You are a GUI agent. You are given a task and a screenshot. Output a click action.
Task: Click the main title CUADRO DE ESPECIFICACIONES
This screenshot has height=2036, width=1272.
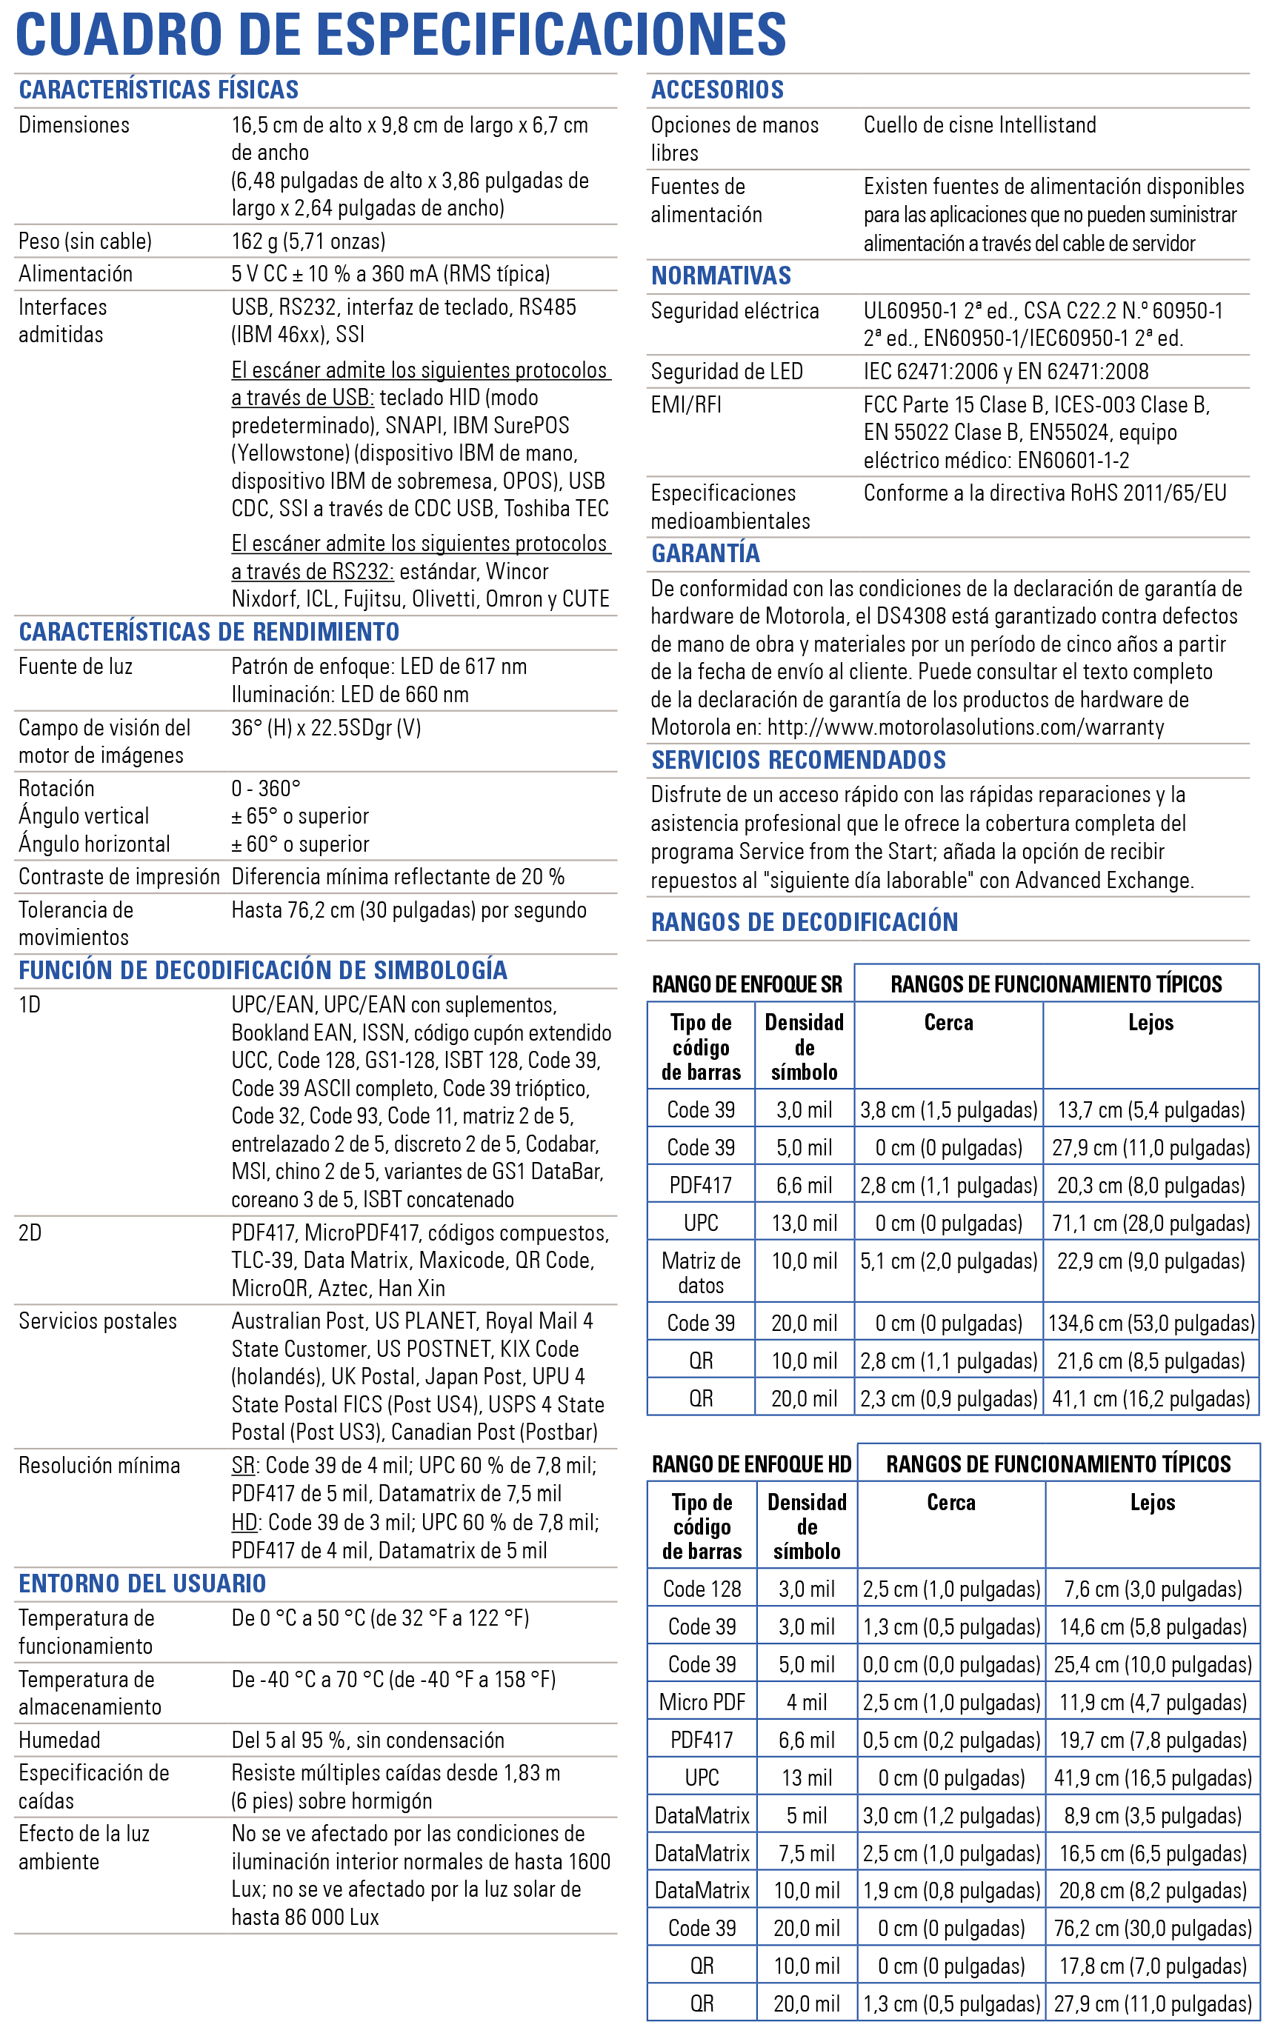401,35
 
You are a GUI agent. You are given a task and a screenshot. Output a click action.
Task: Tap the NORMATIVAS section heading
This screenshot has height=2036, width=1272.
721,276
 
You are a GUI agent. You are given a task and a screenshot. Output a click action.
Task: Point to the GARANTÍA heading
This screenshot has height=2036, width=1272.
705,553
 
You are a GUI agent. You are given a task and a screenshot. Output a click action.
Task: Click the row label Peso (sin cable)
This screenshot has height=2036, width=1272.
85,242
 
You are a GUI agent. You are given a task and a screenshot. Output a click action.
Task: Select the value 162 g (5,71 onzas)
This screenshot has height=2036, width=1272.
308,242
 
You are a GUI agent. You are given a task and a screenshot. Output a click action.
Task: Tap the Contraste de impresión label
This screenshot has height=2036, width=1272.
119,877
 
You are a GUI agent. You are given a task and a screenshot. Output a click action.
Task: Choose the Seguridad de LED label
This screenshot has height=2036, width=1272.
727,372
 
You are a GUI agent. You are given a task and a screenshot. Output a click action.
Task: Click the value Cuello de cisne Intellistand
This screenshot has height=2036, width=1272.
979,125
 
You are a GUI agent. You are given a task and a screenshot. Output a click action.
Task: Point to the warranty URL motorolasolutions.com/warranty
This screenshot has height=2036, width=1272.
965,727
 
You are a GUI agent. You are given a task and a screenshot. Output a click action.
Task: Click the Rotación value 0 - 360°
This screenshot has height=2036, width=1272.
266,789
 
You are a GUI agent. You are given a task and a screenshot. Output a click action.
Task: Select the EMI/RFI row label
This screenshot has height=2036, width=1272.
685,405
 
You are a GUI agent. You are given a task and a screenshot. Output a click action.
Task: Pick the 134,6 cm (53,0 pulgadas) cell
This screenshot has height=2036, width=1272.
1150,1324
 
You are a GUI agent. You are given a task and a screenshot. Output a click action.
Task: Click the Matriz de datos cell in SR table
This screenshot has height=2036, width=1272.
701,1273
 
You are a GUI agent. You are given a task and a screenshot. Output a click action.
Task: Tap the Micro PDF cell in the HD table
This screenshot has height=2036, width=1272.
702,1702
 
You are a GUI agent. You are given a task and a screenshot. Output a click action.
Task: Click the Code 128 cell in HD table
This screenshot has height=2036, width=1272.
702,1589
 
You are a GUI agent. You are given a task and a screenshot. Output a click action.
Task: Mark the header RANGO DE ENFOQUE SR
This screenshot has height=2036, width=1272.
746,985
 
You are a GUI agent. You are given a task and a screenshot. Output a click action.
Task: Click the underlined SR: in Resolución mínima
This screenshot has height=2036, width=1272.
244,1466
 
